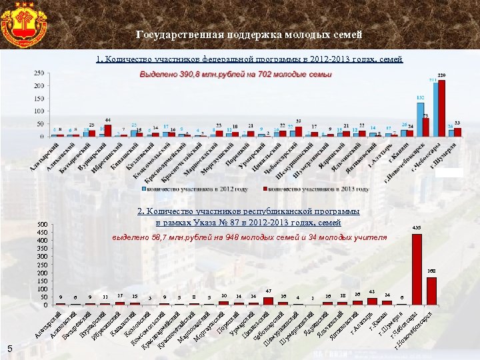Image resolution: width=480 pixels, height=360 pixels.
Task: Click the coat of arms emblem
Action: click(24, 24)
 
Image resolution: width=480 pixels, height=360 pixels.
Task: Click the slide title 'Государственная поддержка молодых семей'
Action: click(249, 34)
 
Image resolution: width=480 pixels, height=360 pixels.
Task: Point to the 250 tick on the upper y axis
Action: click(39, 73)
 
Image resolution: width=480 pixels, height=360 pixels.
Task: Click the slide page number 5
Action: click(10, 347)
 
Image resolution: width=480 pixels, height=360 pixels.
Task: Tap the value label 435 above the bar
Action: click(417, 228)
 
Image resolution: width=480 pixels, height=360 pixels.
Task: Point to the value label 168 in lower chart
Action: click(432, 271)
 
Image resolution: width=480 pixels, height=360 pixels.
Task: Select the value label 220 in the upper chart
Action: click(441, 75)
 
